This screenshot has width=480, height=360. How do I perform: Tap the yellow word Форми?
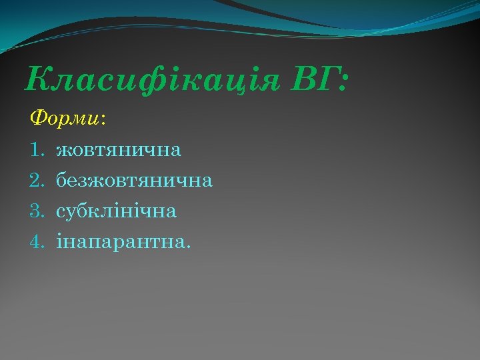click(65, 119)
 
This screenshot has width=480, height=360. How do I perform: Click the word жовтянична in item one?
click(119, 149)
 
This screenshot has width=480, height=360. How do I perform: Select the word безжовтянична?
click(134, 180)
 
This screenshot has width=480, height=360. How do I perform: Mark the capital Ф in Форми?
click(39, 119)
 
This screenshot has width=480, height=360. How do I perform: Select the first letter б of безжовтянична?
click(61, 180)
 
